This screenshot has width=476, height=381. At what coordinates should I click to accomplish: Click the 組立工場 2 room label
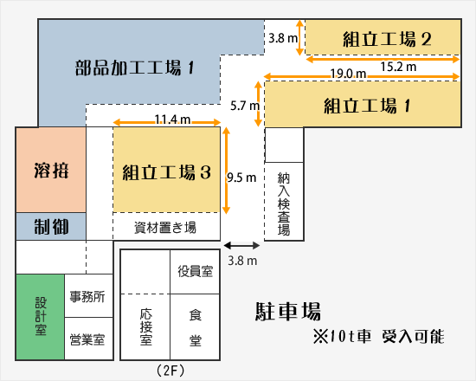point(387,39)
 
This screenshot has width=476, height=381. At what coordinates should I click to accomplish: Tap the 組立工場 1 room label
point(367,106)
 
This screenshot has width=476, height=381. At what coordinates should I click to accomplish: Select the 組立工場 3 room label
point(167,172)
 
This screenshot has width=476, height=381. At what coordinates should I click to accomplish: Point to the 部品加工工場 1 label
point(134,68)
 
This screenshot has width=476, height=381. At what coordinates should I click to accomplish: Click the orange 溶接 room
point(51,170)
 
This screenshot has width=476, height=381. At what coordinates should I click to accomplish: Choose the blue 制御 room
point(51,226)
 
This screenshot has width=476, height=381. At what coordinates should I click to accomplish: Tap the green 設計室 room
point(41,317)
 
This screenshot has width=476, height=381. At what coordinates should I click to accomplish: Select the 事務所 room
point(88,296)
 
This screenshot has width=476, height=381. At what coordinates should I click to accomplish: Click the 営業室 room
point(88,339)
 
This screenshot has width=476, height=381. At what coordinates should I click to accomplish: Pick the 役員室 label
point(196,271)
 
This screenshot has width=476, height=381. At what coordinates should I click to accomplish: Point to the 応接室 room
point(145,326)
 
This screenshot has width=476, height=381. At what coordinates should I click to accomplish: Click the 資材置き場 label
point(165,227)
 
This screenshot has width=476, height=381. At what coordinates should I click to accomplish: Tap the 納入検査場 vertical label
point(284,203)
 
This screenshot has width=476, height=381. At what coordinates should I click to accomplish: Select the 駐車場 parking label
point(288,312)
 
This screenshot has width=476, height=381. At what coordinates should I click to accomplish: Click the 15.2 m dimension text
point(398,67)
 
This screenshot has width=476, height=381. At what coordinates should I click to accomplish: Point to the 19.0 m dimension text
point(348,74)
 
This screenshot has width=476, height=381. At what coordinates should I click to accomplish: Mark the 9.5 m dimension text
point(241,178)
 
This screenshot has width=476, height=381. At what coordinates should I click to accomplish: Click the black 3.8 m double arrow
point(241,246)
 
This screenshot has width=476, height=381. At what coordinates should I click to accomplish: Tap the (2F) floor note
point(170,371)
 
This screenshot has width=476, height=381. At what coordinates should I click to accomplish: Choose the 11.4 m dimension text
point(172,119)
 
